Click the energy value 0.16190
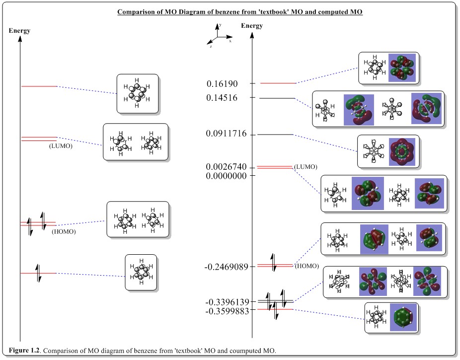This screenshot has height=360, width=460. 223,83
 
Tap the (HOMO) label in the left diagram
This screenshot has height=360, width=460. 64,231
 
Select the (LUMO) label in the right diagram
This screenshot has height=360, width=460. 306,166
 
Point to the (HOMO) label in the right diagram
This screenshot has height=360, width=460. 307,266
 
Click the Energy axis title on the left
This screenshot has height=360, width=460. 19,31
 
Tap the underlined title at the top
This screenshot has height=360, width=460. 240,12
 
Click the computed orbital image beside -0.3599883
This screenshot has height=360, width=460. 403,318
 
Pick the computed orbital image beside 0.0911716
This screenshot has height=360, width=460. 403,150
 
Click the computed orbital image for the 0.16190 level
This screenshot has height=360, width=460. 402,68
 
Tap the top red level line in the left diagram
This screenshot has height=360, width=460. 39,86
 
